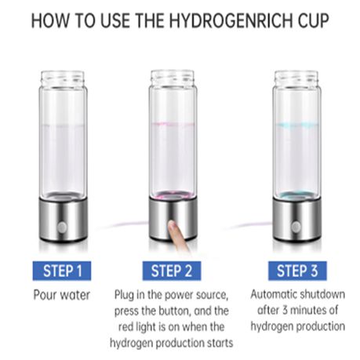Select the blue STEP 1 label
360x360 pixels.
62,271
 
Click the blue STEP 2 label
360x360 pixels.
172,271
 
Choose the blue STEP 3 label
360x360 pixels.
297,271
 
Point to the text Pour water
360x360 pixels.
62,295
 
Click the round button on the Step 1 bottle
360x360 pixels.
62,227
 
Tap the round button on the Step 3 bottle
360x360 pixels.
296,227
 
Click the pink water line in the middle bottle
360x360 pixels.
173,124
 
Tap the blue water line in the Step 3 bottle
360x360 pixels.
296,125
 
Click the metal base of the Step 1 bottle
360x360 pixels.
63,220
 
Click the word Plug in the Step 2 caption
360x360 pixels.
125,296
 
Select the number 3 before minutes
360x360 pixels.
285,311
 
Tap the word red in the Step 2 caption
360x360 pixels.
125,327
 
